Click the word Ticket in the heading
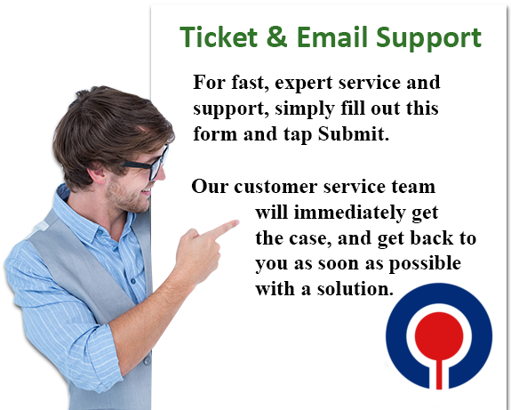[219, 36]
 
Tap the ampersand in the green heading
[277, 36]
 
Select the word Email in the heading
[332, 36]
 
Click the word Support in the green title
[428, 39]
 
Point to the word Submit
[354, 133]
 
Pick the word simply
[305, 109]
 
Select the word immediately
[349, 213]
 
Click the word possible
[425, 263]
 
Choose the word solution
[355, 289]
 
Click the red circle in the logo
[439, 336]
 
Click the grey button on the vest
[148, 361]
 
